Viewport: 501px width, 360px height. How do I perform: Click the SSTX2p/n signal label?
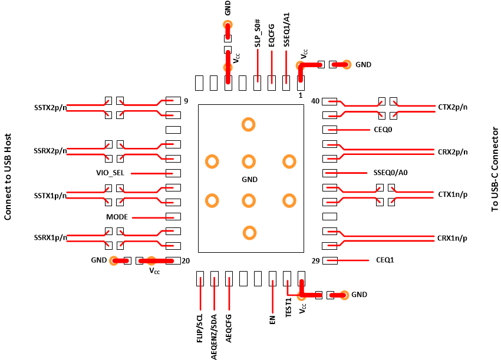[50, 108]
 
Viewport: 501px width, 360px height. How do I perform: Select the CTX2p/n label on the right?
[452, 107]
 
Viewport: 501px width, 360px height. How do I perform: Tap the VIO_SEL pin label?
[111, 173]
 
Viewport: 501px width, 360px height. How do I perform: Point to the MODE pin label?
[117, 217]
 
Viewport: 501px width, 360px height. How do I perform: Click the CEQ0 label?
[383, 130]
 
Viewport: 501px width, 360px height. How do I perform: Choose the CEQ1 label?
[385, 260]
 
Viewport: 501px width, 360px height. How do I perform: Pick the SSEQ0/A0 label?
[391, 173]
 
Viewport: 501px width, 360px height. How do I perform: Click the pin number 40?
[315, 101]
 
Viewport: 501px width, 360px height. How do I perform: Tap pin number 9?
[186, 101]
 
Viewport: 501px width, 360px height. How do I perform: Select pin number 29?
[315, 260]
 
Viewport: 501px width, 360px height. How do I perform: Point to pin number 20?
[186, 260]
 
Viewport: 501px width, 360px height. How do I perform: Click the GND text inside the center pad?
[250, 179]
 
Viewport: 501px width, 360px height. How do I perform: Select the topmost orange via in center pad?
[249, 124]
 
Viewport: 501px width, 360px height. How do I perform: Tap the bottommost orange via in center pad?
[249, 233]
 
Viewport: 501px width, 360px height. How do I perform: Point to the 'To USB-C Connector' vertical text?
[494, 169]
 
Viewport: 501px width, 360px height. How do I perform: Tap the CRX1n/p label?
[452, 238]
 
